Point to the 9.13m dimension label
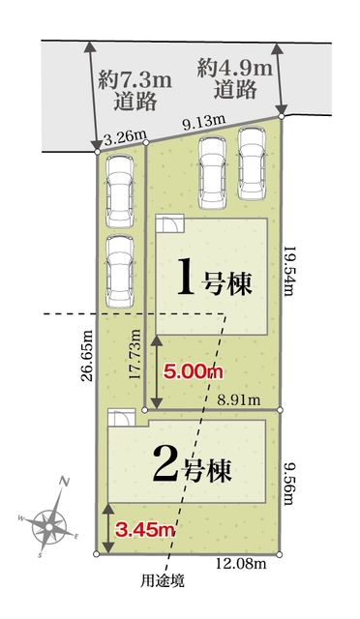(203, 121)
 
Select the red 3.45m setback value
(144, 530)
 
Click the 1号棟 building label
(214, 280)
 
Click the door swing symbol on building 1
(169, 223)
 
